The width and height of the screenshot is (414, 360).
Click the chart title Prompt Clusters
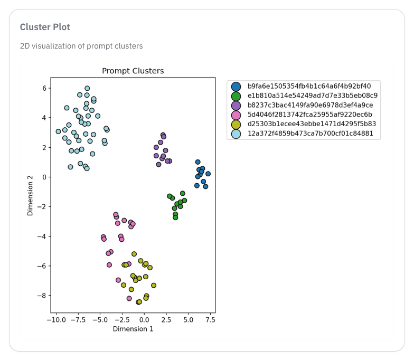point(133,71)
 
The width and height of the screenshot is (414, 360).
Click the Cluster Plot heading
point(45,27)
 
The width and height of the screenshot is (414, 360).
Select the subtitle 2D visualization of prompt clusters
point(81,46)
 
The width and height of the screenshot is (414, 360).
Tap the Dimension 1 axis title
point(133,329)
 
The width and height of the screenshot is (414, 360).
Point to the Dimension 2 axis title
point(30,195)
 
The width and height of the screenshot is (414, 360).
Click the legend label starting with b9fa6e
point(309,86)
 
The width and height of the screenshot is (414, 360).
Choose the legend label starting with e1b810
point(312,96)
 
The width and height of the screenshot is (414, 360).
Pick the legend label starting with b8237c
point(310,105)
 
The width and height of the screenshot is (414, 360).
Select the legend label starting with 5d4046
point(309,115)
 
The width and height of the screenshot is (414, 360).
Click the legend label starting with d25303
point(312,124)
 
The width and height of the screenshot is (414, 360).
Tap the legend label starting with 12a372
point(310,134)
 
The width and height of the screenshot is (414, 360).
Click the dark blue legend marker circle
point(236,87)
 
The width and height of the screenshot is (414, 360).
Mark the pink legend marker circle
point(236,115)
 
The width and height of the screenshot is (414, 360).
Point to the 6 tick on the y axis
point(44,88)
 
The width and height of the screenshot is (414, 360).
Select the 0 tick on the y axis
point(44,177)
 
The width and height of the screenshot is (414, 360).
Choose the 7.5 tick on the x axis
point(210,320)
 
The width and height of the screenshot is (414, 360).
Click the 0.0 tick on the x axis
point(144,320)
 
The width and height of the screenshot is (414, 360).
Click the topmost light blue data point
point(87,89)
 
